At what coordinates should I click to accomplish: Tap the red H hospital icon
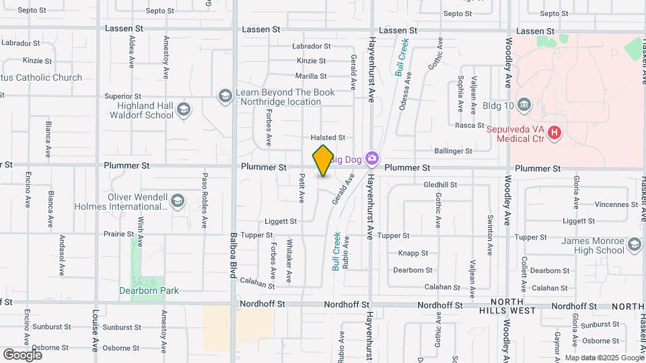pyautogui.click(x=554, y=132)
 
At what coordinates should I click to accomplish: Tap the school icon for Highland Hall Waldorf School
pyautogui.click(x=183, y=110)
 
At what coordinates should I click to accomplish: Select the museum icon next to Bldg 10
pyautogui.click(x=525, y=105)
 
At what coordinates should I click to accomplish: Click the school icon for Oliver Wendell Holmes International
pyautogui.click(x=177, y=201)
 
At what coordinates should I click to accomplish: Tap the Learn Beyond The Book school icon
pyautogui.click(x=225, y=97)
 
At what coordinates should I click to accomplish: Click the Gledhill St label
pyautogui.click(x=440, y=185)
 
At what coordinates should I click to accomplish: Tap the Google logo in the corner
pyautogui.click(x=22, y=354)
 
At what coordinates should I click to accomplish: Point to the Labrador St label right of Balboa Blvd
pyautogui.click(x=311, y=46)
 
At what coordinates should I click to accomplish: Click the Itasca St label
pyautogui.click(x=470, y=126)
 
